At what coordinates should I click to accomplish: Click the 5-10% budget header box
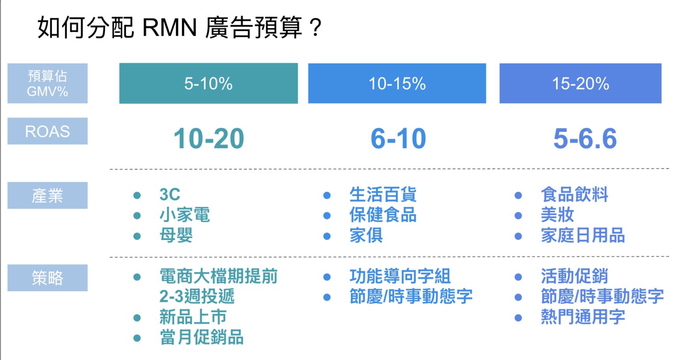[x=208, y=83]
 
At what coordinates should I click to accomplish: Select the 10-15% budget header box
[x=397, y=83]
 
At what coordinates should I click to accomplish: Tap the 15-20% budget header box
[x=580, y=83]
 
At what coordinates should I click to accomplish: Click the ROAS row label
[x=47, y=131]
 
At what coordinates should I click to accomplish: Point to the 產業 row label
[x=47, y=195]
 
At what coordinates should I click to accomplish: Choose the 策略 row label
[x=47, y=277]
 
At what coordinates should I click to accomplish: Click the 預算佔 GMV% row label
[x=47, y=83]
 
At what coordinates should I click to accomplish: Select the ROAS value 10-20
[x=208, y=139]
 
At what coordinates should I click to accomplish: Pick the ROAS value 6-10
[x=398, y=139]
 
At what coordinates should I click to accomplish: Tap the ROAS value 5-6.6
[x=585, y=139]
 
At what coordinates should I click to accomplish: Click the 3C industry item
[x=170, y=195]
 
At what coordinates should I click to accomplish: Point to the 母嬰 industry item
[x=176, y=236]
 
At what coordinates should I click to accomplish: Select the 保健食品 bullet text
[x=383, y=215]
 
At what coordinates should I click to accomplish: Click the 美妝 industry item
[x=557, y=215]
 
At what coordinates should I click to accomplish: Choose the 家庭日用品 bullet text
[x=583, y=236]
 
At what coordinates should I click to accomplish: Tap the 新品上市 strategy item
[x=193, y=317]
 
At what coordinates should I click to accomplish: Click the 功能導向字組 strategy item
[x=400, y=277]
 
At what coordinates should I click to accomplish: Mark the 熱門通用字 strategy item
[x=583, y=317]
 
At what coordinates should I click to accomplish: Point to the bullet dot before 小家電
[x=137, y=216]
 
